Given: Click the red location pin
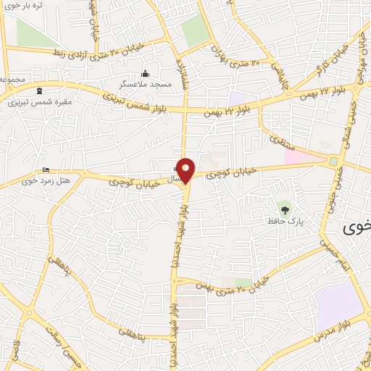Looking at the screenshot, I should pos(186,170).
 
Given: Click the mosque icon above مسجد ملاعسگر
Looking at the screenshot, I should pos(145,74).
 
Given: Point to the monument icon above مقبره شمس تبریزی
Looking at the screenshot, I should pos(38,91).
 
